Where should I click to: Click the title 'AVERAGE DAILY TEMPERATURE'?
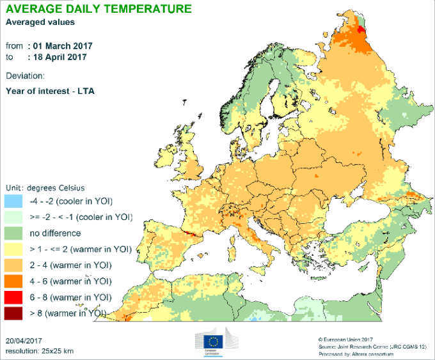(x=98, y=9)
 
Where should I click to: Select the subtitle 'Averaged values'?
(x=40, y=22)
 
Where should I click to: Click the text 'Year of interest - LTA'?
(x=50, y=91)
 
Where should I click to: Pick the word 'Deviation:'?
(x=25, y=76)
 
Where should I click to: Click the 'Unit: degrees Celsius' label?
(x=45, y=187)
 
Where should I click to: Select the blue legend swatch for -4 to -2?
(x=14, y=201)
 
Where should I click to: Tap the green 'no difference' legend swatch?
(x=14, y=233)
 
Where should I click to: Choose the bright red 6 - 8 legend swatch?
(x=14, y=297)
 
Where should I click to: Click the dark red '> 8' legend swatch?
(x=14, y=313)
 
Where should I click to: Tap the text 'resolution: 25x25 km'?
(x=39, y=351)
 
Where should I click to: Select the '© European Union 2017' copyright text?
(x=345, y=339)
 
